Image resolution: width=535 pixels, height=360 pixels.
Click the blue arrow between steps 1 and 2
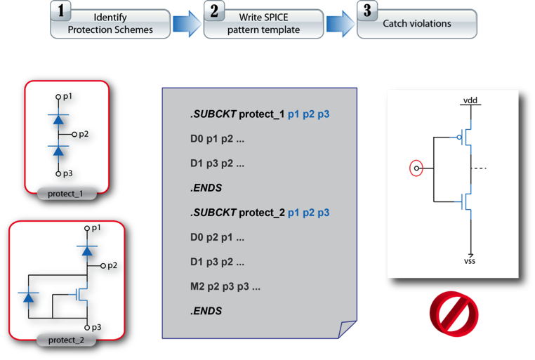[x=187, y=24]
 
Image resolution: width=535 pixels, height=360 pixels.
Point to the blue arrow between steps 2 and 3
[x=340, y=24]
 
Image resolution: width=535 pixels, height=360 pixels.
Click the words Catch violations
[x=417, y=24]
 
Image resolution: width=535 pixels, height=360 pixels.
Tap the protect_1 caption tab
[x=67, y=192]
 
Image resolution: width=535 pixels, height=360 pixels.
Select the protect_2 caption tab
[x=68, y=341]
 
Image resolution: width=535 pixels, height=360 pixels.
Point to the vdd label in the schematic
[x=469, y=101]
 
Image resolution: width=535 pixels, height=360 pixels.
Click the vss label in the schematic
[x=470, y=261]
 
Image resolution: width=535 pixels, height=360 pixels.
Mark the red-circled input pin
[x=416, y=168]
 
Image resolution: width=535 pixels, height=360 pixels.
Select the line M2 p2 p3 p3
[x=225, y=287]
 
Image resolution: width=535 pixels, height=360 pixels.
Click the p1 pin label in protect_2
[x=95, y=228]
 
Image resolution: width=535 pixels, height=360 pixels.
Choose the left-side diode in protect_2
[x=29, y=298]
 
